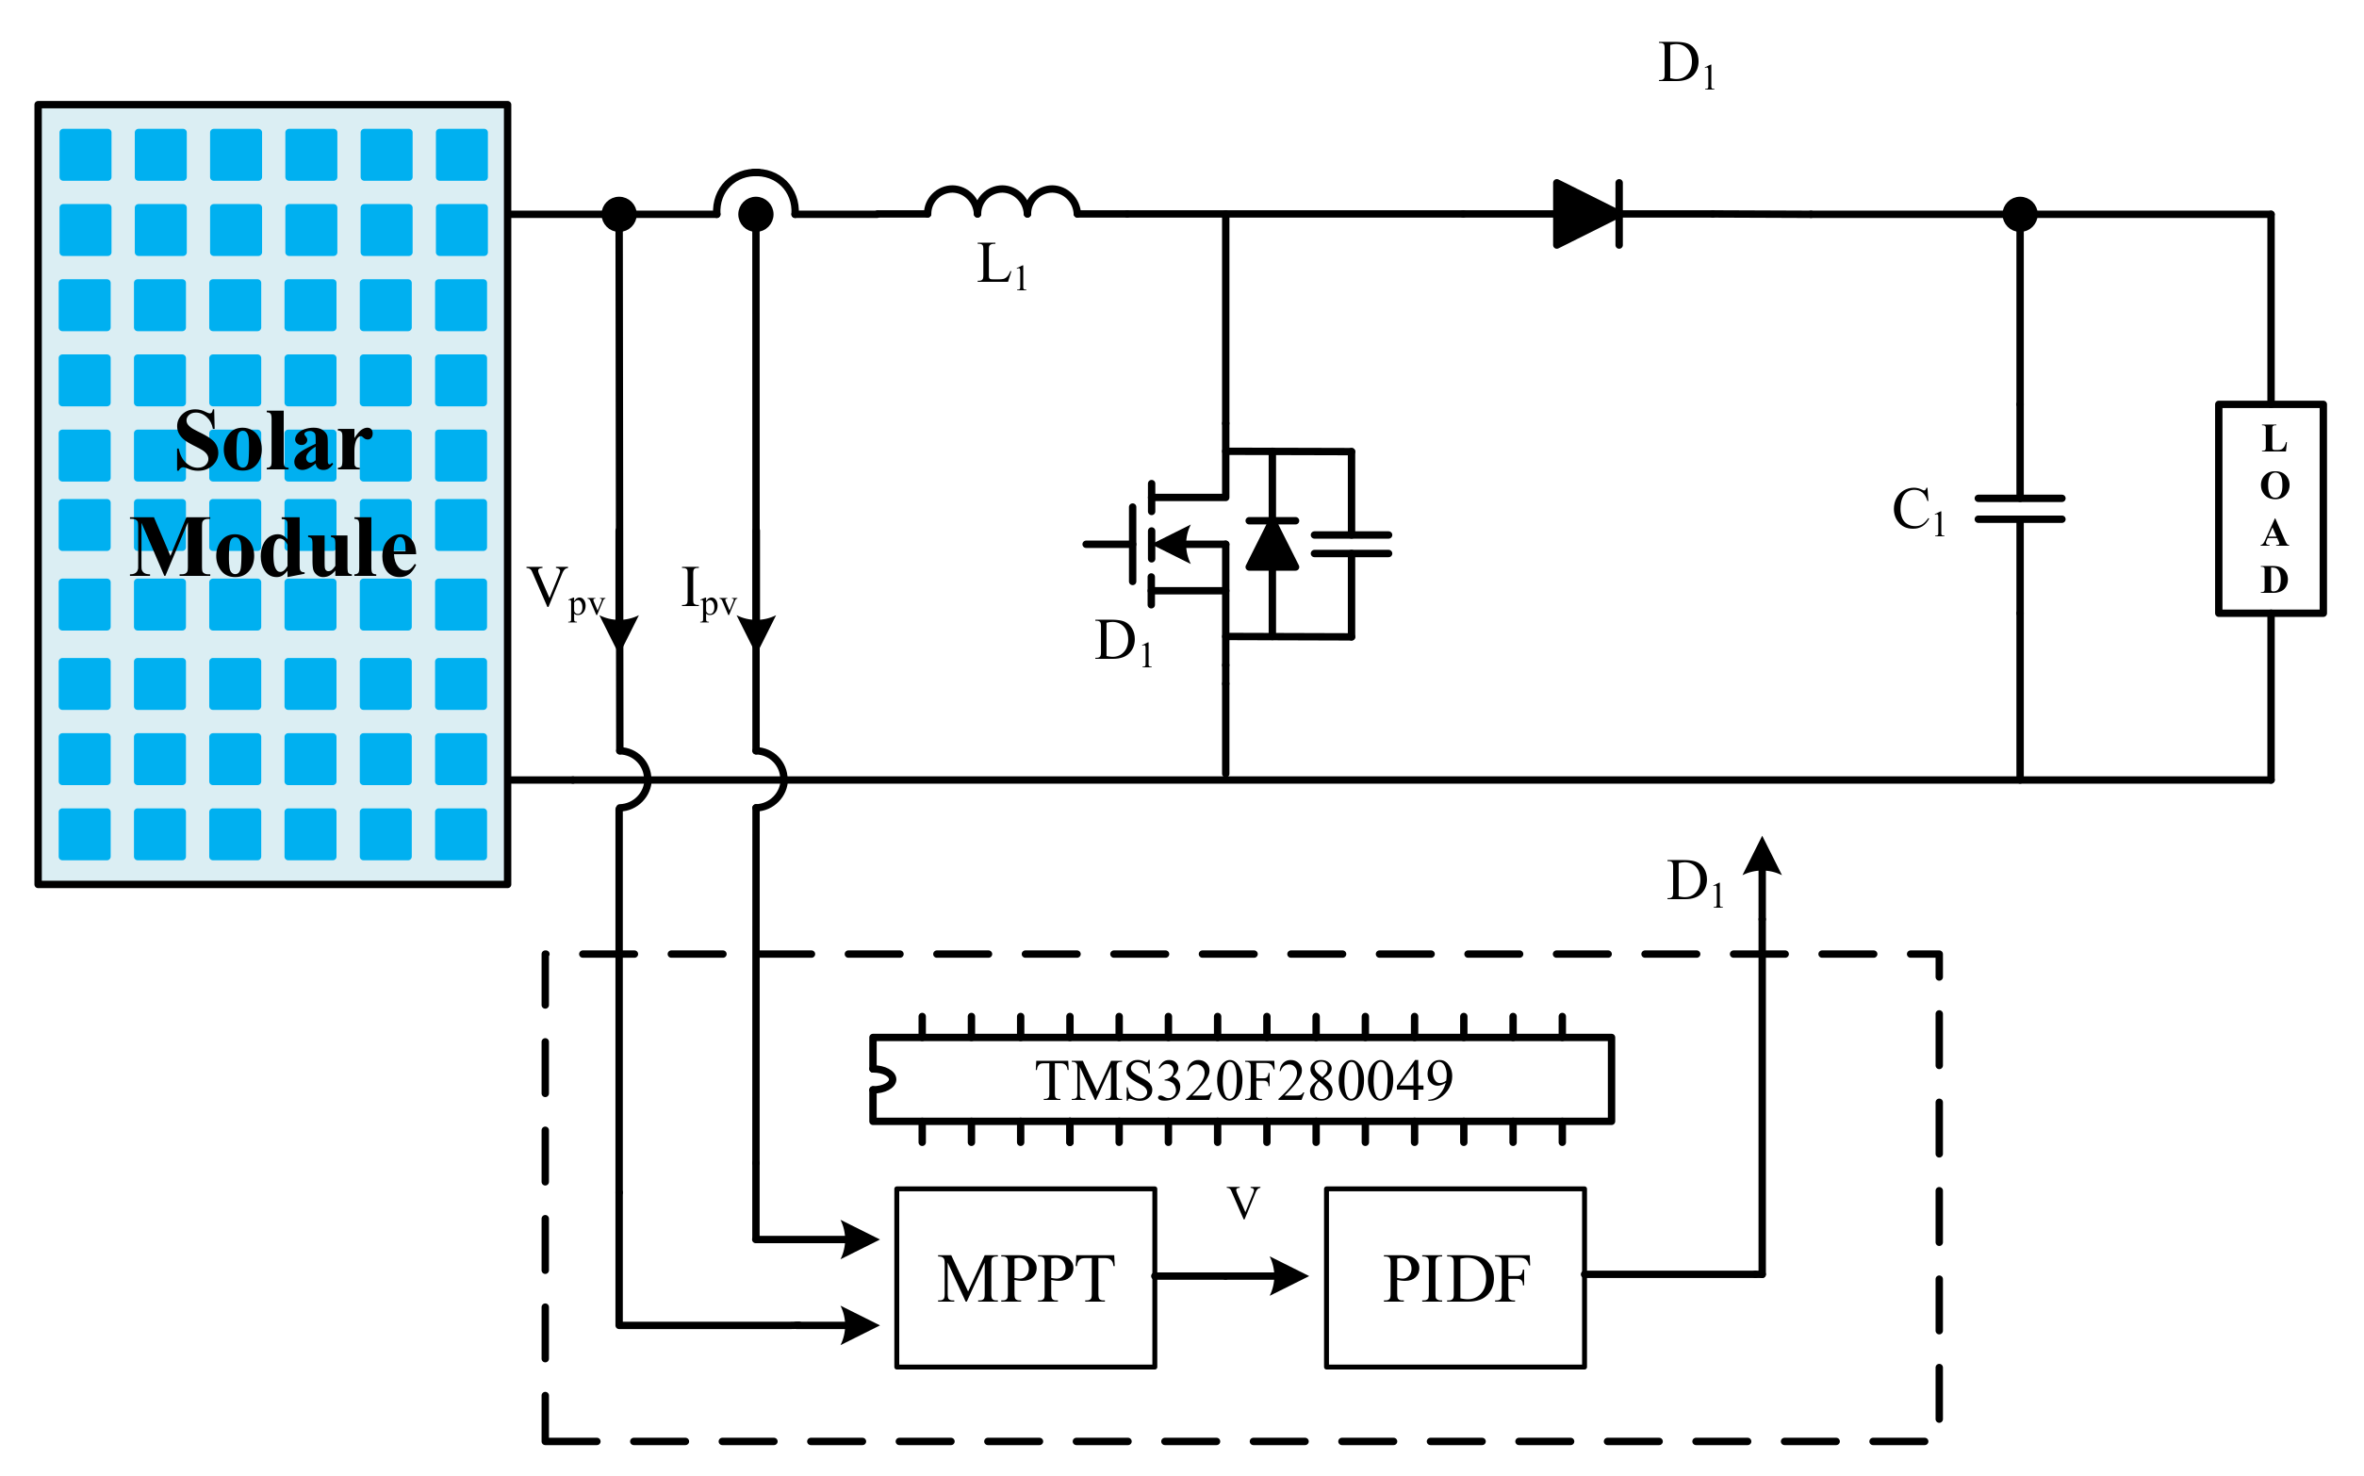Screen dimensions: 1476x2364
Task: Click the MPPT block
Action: click(1025, 1278)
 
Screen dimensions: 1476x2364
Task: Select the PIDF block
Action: click(1454, 1278)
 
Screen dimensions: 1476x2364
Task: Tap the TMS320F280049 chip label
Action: click(1242, 1081)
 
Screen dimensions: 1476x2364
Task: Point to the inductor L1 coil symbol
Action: click(1001, 202)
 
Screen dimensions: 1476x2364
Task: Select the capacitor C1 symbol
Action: click(2019, 509)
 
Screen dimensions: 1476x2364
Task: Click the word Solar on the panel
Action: click(273, 442)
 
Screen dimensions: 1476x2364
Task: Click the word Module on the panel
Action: click(273, 549)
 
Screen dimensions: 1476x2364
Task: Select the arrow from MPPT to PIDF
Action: click(1232, 1275)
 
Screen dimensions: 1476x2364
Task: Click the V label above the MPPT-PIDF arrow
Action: click(1243, 1204)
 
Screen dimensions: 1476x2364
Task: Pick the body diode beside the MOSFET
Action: click(1272, 544)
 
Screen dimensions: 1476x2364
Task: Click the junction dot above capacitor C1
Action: click(2019, 214)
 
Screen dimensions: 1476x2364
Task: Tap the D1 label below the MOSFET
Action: click(1124, 643)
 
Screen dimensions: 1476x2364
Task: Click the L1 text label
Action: click(1001, 266)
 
